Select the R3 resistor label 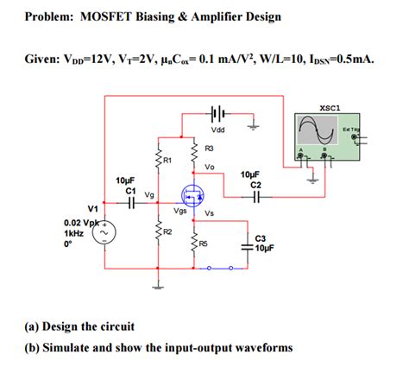pyautogui.click(x=210, y=149)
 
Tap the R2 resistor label pyautogui.click(x=167, y=232)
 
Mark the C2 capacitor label pyautogui.click(x=255, y=184)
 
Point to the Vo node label pyautogui.click(x=210, y=167)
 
